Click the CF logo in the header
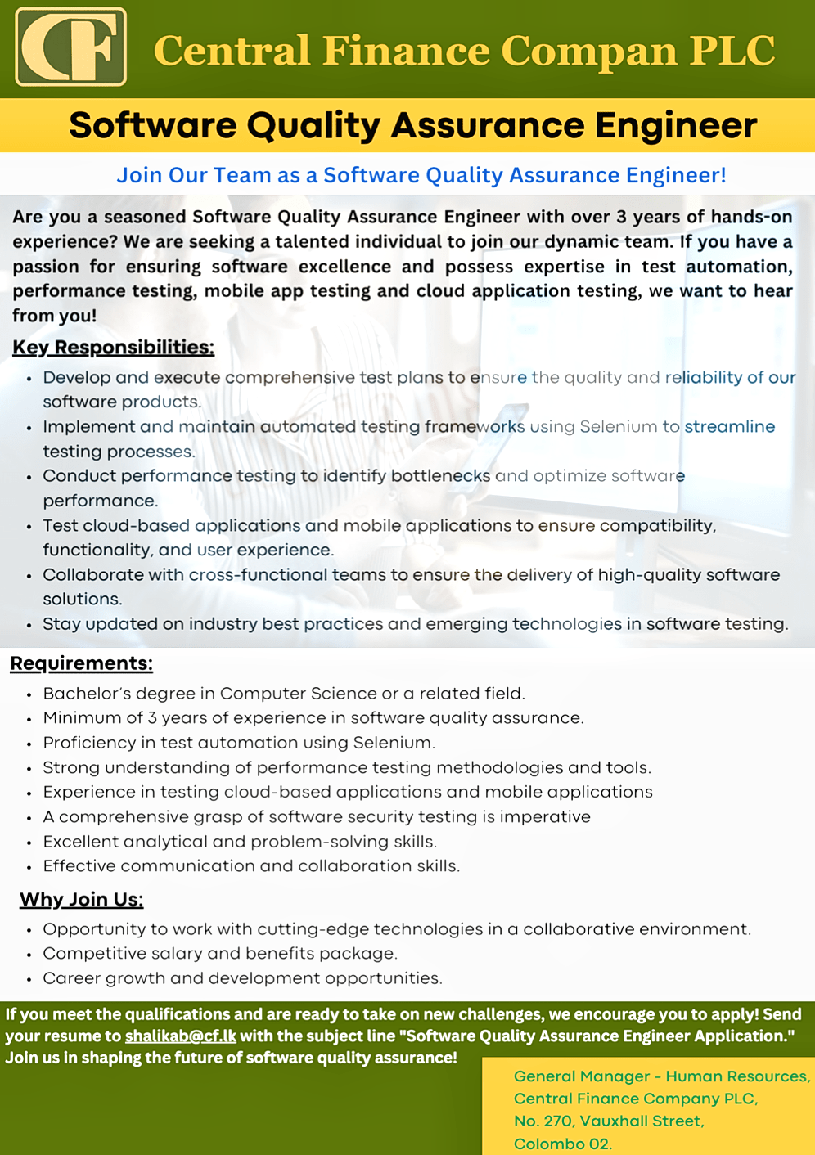point(71,47)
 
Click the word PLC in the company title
point(732,51)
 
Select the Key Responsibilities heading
point(113,348)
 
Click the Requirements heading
point(81,663)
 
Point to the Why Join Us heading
point(81,900)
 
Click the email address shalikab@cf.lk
point(180,1036)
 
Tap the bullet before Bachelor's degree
point(29,694)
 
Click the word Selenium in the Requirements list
point(392,743)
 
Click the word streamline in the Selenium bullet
point(729,427)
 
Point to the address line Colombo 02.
point(562,1144)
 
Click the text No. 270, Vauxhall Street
point(608,1121)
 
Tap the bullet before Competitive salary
point(29,955)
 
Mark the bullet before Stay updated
point(29,625)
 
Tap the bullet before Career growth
point(29,979)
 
